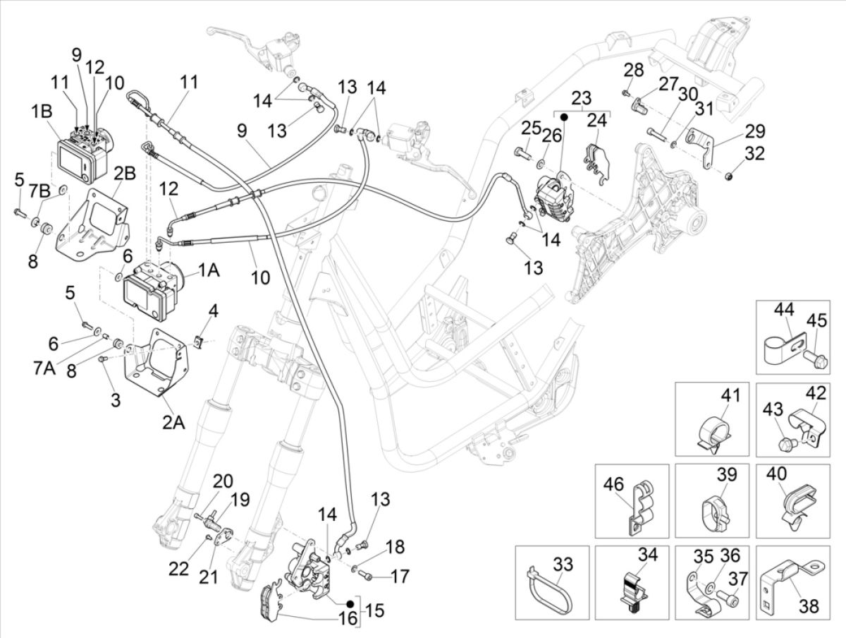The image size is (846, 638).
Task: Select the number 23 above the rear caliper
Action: (x=581, y=98)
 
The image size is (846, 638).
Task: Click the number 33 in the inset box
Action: (x=563, y=565)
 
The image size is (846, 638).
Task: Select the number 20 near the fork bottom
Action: (x=222, y=482)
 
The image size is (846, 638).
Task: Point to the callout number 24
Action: (x=597, y=119)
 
